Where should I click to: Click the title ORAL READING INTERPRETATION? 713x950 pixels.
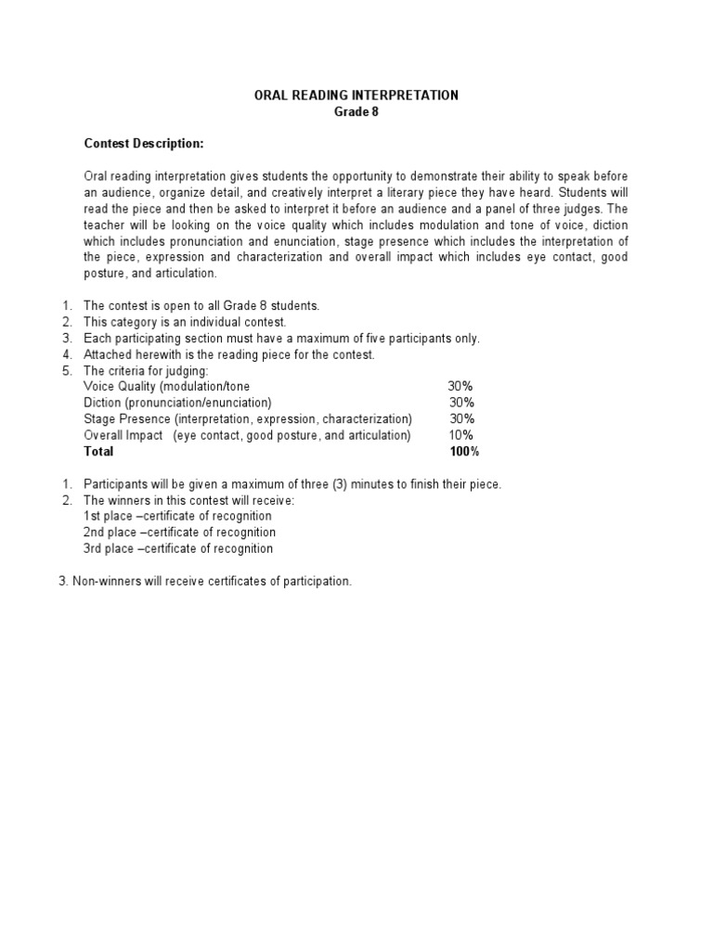click(356, 96)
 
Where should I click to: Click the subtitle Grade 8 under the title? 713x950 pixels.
click(356, 112)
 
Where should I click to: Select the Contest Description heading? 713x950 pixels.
click(143, 144)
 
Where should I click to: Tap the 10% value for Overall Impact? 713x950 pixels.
click(461, 435)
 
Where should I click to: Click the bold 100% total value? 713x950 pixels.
click(463, 452)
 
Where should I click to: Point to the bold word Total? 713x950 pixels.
click(98, 452)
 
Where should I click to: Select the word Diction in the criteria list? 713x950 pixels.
click(103, 403)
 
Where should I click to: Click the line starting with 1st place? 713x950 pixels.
click(177, 516)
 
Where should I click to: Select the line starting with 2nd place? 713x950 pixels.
click(179, 533)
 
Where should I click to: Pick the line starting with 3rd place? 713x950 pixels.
click(178, 548)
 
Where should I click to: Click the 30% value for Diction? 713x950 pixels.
click(461, 403)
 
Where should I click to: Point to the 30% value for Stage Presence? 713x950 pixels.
click(461, 419)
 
